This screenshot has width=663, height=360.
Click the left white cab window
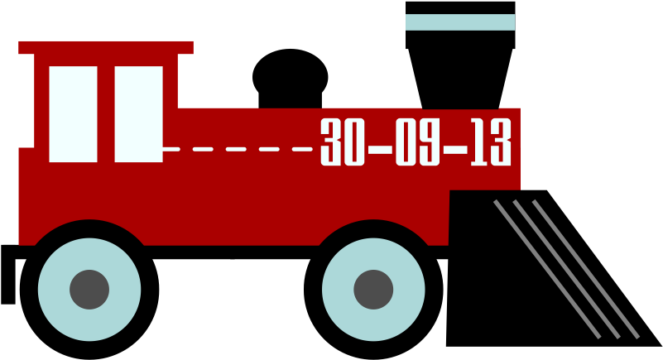(x=73, y=114)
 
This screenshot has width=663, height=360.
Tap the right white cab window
(x=138, y=114)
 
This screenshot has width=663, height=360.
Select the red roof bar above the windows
(x=106, y=47)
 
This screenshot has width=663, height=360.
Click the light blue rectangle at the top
(x=460, y=22)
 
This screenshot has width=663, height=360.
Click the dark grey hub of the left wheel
(x=89, y=290)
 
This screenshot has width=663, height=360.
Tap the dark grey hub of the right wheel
(x=373, y=290)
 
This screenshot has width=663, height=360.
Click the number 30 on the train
(x=343, y=142)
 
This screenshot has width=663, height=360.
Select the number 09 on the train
(x=417, y=142)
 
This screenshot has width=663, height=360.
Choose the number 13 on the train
(x=491, y=142)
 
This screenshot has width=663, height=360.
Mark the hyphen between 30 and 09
(x=380, y=150)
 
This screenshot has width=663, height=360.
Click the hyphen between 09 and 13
(x=455, y=150)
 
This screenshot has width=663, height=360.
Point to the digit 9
(x=430, y=142)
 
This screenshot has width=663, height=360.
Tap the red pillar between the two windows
(x=106, y=114)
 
